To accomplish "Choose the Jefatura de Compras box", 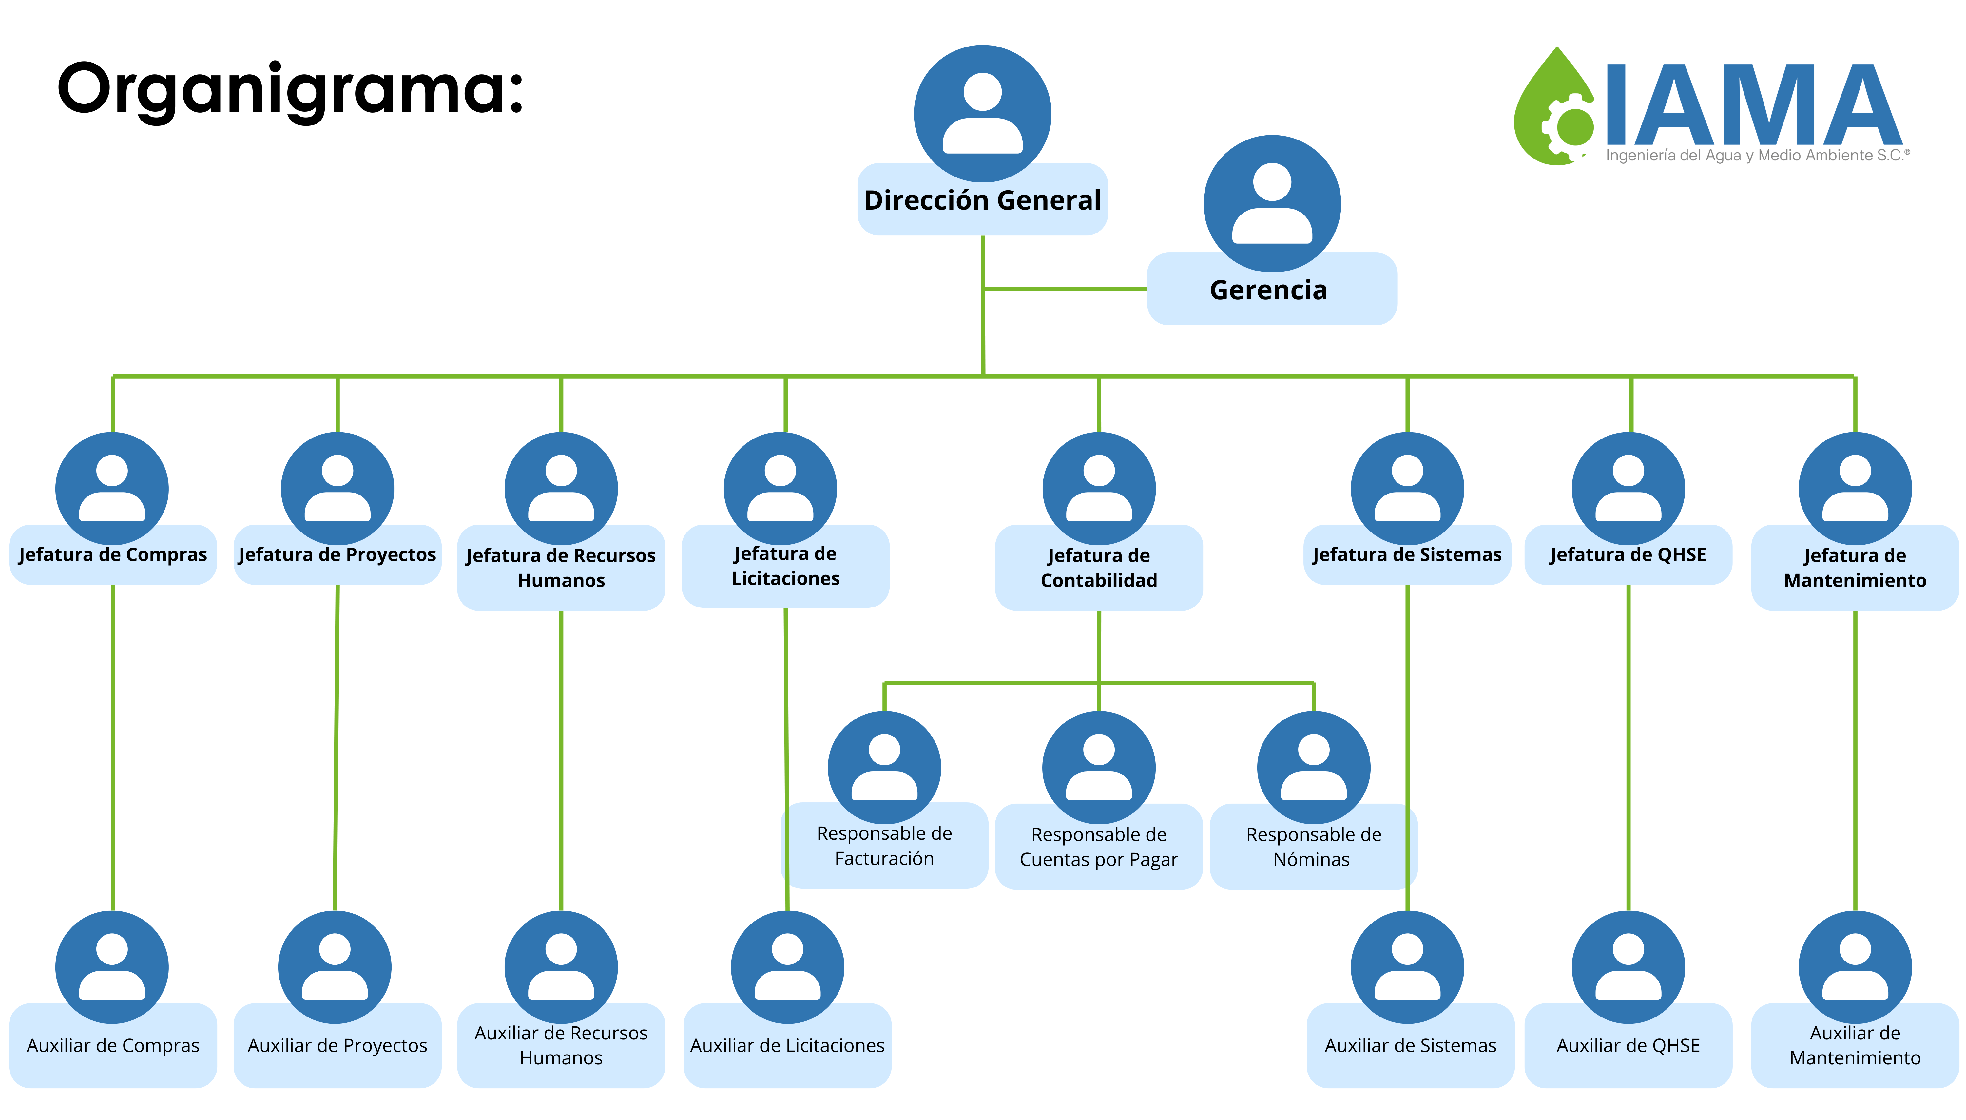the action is [x=113, y=555].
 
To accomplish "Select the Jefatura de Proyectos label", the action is [x=337, y=555].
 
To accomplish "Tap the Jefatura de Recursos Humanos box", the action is [x=561, y=568].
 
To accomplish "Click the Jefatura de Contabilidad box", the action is [x=1099, y=568].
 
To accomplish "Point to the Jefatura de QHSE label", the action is [x=1628, y=555].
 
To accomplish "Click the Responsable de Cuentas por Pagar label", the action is [x=1099, y=847].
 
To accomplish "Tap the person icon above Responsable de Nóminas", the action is [x=1314, y=768].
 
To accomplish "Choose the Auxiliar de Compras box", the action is [x=113, y=1045].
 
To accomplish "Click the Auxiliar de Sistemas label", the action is [x=1411, y=1045].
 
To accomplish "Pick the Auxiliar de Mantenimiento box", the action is [x=1855, y=1045].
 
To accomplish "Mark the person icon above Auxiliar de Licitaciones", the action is [x=787, y=967].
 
